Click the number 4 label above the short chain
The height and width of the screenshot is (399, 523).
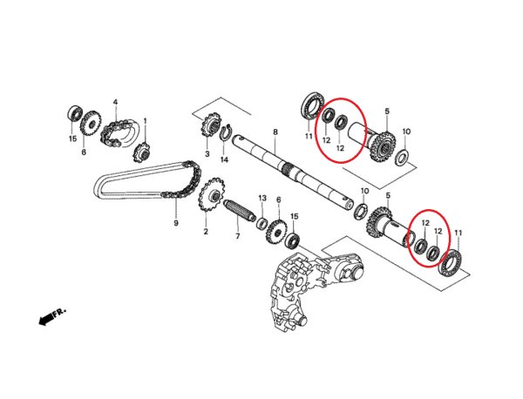(115, 103)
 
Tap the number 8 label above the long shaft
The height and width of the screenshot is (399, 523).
(275, 132)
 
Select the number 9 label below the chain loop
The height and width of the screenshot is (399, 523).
(175, 223)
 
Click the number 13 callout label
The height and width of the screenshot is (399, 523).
(261, 199)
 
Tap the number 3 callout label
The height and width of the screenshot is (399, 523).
(207, 154)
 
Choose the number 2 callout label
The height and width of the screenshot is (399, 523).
(206, 232)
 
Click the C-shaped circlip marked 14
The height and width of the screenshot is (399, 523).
(224, 135)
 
